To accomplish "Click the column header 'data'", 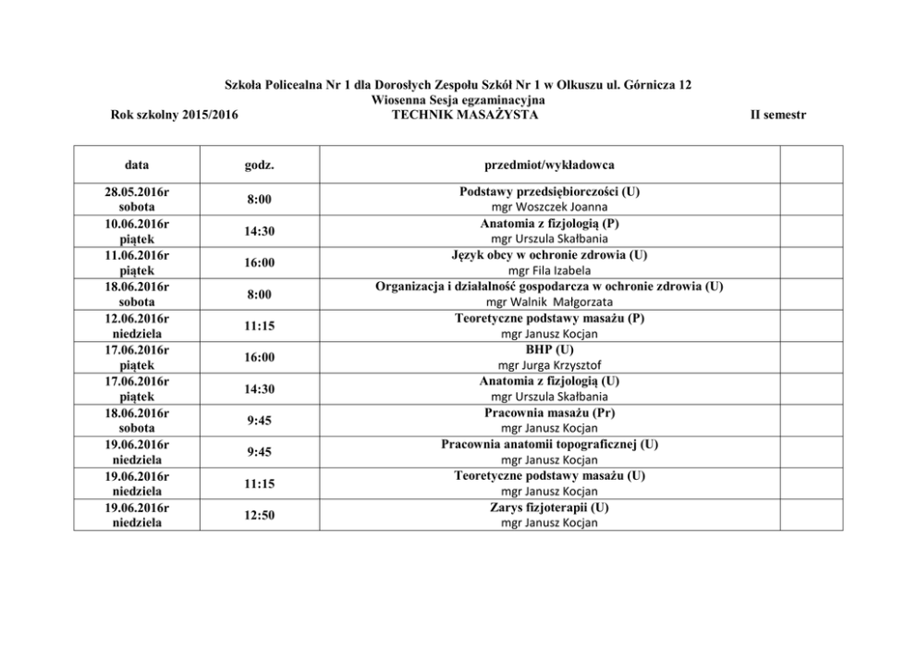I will (137, 165).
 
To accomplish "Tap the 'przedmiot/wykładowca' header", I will (549, 165).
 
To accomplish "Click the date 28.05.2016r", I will (137, 191).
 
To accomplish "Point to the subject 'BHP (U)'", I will (549, 349).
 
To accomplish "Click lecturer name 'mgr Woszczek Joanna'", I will (549, 207).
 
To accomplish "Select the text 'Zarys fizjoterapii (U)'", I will (549, 508).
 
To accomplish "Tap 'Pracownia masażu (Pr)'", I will (549, 412).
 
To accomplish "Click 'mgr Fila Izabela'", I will (549, 270).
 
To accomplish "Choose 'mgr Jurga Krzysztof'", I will (549, 365).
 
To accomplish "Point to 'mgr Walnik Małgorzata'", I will (549, 301).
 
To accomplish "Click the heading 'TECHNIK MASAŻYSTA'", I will (458, 114).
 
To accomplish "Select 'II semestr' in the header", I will (779, 114).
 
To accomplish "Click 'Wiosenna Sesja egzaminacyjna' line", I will (458, 99).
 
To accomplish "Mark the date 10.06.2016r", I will (137, 223).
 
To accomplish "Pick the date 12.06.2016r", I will (137, 318).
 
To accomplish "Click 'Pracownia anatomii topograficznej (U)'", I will (549, 444).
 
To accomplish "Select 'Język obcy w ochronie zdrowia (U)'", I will (549, 254).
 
